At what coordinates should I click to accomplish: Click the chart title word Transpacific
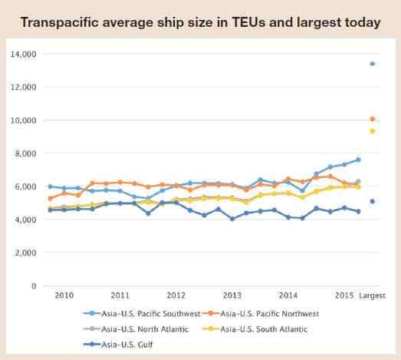click(60, 23)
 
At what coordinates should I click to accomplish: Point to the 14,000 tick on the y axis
click(24, 54)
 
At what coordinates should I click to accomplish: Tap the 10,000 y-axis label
click(24, 121)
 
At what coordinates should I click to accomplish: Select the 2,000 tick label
click(25, 253)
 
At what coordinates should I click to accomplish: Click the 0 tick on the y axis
click(34, 286)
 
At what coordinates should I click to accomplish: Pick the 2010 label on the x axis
click(64, 296)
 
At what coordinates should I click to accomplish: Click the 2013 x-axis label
click(232, 296)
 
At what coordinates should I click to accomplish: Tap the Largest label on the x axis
click(372, 296)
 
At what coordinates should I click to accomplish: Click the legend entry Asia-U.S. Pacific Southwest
click(142, 314)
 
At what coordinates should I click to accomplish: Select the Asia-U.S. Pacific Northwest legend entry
click(261, 314)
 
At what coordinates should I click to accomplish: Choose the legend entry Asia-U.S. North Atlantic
click(136, 329)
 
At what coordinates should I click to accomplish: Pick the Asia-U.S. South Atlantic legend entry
click(255, 329)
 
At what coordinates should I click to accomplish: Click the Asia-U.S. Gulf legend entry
click(118, 345)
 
